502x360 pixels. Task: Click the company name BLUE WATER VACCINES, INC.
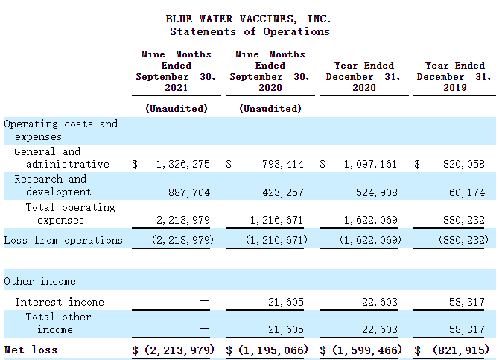click(x=250, y=19)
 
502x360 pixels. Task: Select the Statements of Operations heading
click(x=250, y=31)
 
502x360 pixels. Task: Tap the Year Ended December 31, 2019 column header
click(x=454, y=76)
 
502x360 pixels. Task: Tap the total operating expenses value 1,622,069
click(x=371, y=221)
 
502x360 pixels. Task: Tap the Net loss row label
click(x=31, y=350)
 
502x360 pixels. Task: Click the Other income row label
click(x=39, y=281)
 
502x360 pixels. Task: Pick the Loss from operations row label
click(x=63, y=240)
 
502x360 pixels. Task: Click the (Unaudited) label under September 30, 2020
click(x=270, y=108)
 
